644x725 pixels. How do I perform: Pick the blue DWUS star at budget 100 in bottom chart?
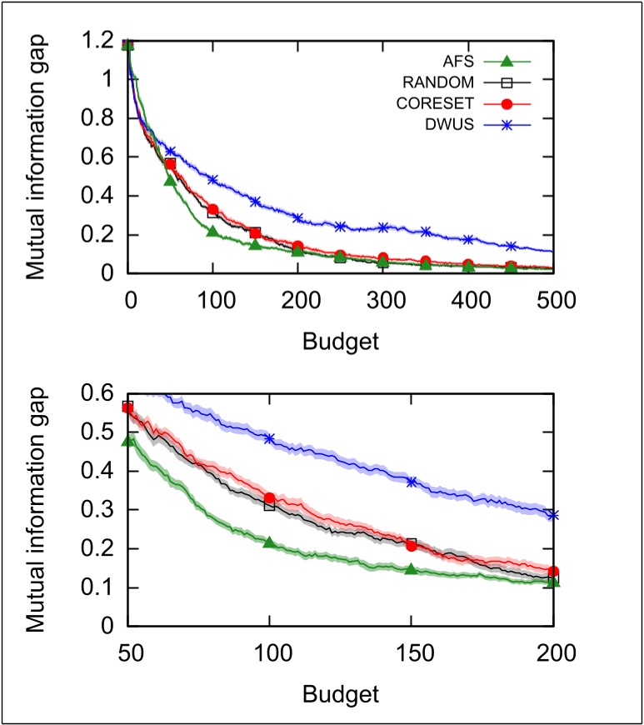pyautogui.click(x=269, y=438)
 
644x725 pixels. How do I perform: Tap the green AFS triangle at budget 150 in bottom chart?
pyautogui.click(x=411, y=569)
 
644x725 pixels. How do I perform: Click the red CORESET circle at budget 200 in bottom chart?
pyautogui.click(x=552, y=572)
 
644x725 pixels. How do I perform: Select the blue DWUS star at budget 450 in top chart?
pyautogui.click(x=511, y=247)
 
